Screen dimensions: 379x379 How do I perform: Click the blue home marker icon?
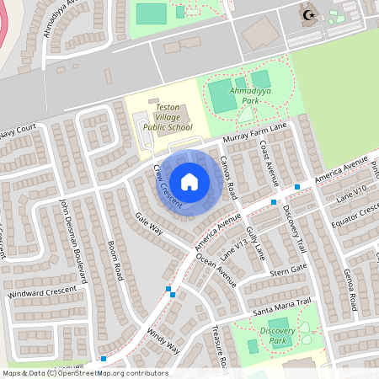click(x=189, y=182)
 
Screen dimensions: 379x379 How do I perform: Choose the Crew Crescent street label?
click(x=168, y=186)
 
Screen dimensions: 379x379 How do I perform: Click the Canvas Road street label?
click(x=230, y=175)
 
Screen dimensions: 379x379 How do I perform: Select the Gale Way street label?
click(x=148, y=228)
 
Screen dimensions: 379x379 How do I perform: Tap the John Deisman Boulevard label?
click(x=74, y=240)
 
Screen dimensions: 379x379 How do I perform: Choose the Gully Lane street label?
click(x=255, y=242)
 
